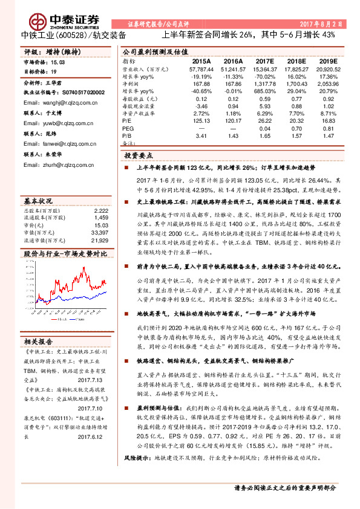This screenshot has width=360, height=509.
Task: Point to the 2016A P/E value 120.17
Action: coord(233,120)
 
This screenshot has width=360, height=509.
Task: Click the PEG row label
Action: coord(128,128)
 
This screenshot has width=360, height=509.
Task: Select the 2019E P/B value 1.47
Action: coord(327,137)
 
